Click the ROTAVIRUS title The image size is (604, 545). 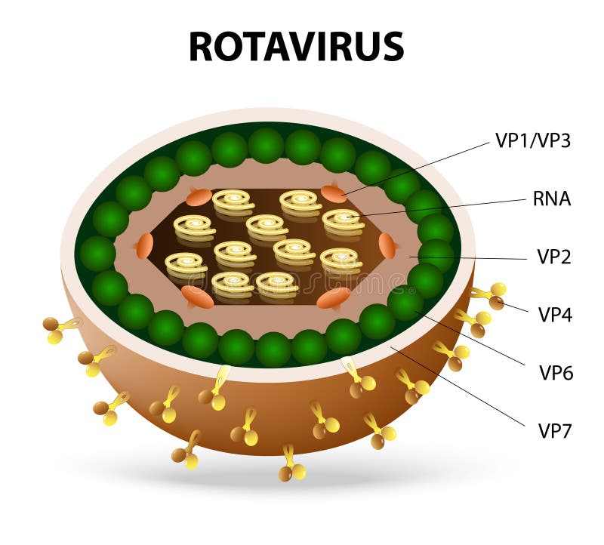tap(296, 47)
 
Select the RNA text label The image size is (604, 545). tap(551, 199)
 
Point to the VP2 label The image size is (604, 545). tap(554, 257)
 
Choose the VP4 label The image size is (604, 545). tap(555, 314)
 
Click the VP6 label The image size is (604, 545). tap(556, 372)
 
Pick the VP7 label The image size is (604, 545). tap(555, 431)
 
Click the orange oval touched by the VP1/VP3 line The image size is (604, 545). tap(334, 194)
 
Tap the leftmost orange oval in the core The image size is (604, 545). tap(144, 245)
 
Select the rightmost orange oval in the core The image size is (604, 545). tap(387, 245)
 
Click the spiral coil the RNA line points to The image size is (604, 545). tap(343, 221)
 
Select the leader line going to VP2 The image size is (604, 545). tap(468, 258)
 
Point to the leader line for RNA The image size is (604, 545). tap(438, 208)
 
